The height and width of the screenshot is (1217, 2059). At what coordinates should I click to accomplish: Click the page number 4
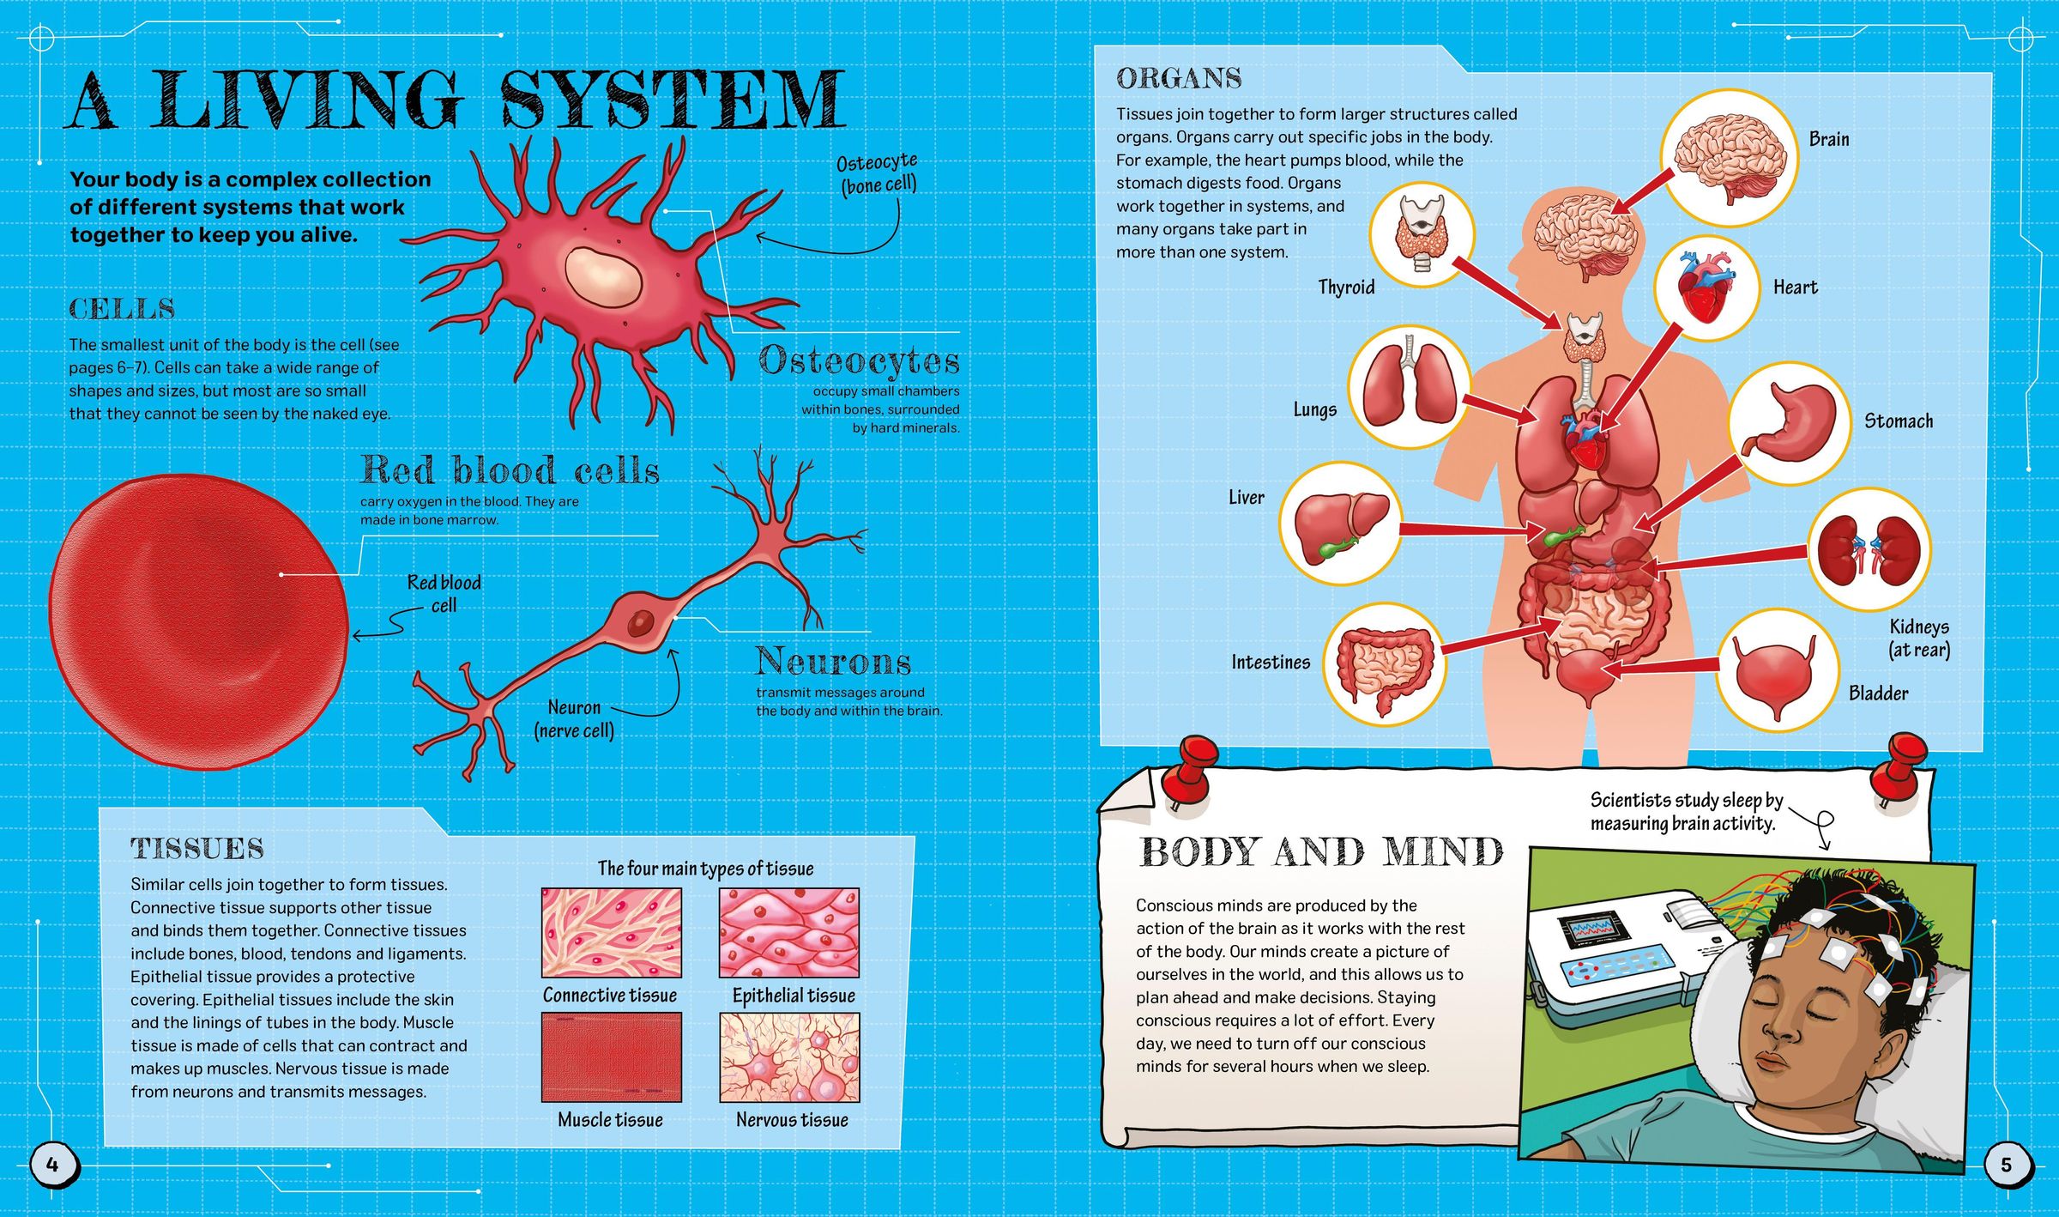52,1164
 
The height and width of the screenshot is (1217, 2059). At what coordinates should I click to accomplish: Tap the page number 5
2006,1164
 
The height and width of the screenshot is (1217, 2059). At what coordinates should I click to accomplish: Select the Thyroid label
1346,288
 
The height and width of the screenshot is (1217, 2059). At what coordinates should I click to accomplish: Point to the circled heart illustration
1706,288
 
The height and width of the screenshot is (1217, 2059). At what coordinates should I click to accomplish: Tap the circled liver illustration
1340,524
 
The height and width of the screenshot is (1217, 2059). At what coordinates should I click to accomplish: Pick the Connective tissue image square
611,933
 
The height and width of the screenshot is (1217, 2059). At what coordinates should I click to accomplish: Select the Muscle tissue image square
611,1057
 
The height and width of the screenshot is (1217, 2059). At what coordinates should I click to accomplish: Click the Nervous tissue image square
789,1057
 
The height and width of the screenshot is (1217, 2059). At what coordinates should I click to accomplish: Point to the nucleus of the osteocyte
603,275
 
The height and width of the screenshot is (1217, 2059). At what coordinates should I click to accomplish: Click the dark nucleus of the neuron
640,622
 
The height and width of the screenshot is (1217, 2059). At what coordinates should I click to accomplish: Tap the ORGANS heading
1179,79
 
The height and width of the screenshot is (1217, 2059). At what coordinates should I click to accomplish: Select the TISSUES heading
197,849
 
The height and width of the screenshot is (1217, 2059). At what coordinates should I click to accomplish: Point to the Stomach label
1899,421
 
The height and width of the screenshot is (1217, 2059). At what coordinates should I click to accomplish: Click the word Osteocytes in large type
859,361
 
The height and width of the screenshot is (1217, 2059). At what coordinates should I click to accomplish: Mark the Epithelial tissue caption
794,996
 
